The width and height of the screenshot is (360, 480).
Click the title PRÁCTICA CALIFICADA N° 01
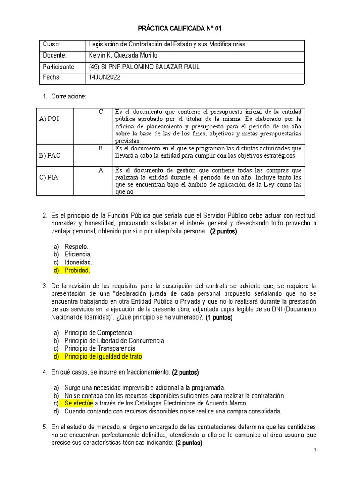(180, 29)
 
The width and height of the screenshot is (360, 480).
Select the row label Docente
(54, 55)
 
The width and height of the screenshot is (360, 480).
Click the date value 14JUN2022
(105, 77)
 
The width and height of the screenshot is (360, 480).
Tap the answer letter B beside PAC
(100, 148)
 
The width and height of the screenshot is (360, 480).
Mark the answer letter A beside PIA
(100, 170)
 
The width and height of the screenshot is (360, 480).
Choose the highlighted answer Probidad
(77, 271)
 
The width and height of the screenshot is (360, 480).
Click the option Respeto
(76, 246)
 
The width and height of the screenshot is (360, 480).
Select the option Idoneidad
(78, 262)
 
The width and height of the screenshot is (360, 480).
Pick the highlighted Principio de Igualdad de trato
(103, 357)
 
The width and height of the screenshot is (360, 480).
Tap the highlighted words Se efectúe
(79, 403)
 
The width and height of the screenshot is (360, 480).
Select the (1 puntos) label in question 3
(219, 317)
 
